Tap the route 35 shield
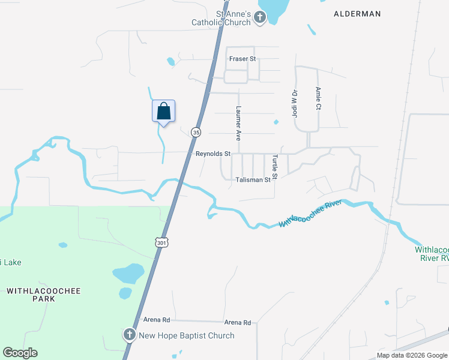(196, 132)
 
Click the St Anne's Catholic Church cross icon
(260, 17)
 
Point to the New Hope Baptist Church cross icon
(129, 335)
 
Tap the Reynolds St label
(213, 154)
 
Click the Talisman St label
(253, 179)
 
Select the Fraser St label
(243, 59)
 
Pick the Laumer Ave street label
(238, 120)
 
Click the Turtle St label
(274, 167)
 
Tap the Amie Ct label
(318, 98)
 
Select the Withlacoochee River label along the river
(310, 214)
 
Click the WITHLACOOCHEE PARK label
(43, 295)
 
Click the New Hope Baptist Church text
(187, 335)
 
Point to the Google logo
(20, 353)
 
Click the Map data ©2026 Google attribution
(411, 355)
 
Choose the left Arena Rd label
(157, 320)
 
